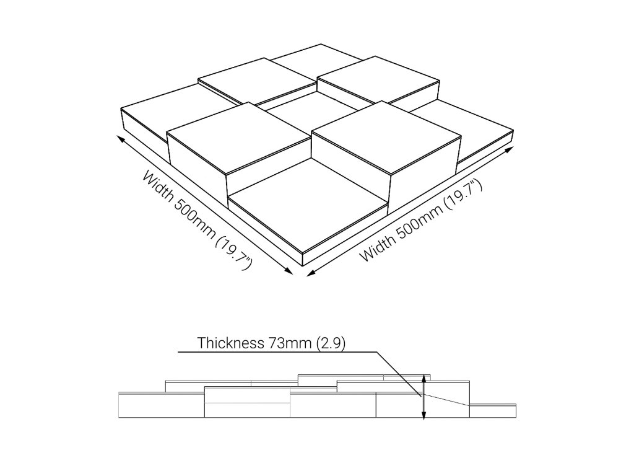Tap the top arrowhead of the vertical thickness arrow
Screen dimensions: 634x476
(423, 377)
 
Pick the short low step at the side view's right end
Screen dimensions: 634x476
(493, 411)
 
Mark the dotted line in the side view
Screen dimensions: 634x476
(449, 400)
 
